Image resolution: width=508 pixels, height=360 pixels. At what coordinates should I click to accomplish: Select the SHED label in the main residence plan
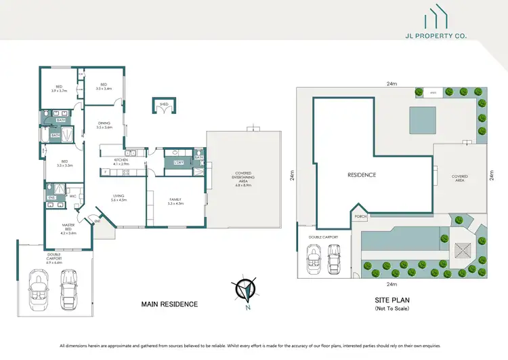(x=163, y=104)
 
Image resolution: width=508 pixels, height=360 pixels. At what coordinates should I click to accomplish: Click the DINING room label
(x=104, y=125)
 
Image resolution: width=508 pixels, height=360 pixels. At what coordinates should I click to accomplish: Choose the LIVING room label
(x=118, y=199)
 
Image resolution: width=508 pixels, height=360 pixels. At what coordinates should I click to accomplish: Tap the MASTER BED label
(x=68, y=227)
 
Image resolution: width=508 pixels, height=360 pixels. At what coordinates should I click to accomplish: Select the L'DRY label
(x=179, y=163)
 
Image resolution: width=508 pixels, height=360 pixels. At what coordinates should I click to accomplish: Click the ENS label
(x=50, y=198)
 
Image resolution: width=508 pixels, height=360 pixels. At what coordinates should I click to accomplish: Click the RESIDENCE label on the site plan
(x=362, y=175)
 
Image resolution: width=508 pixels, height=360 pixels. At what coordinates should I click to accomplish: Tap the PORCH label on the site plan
(x=360, y=218)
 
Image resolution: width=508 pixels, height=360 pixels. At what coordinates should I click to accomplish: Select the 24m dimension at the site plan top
(x=391, y=84)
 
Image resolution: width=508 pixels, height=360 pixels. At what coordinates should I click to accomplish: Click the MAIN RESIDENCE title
(x=169, y=304)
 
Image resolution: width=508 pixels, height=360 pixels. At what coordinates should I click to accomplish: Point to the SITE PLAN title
(x=391, y=300)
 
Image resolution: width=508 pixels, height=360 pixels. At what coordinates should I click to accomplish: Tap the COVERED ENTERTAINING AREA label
(x=242, y=178)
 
